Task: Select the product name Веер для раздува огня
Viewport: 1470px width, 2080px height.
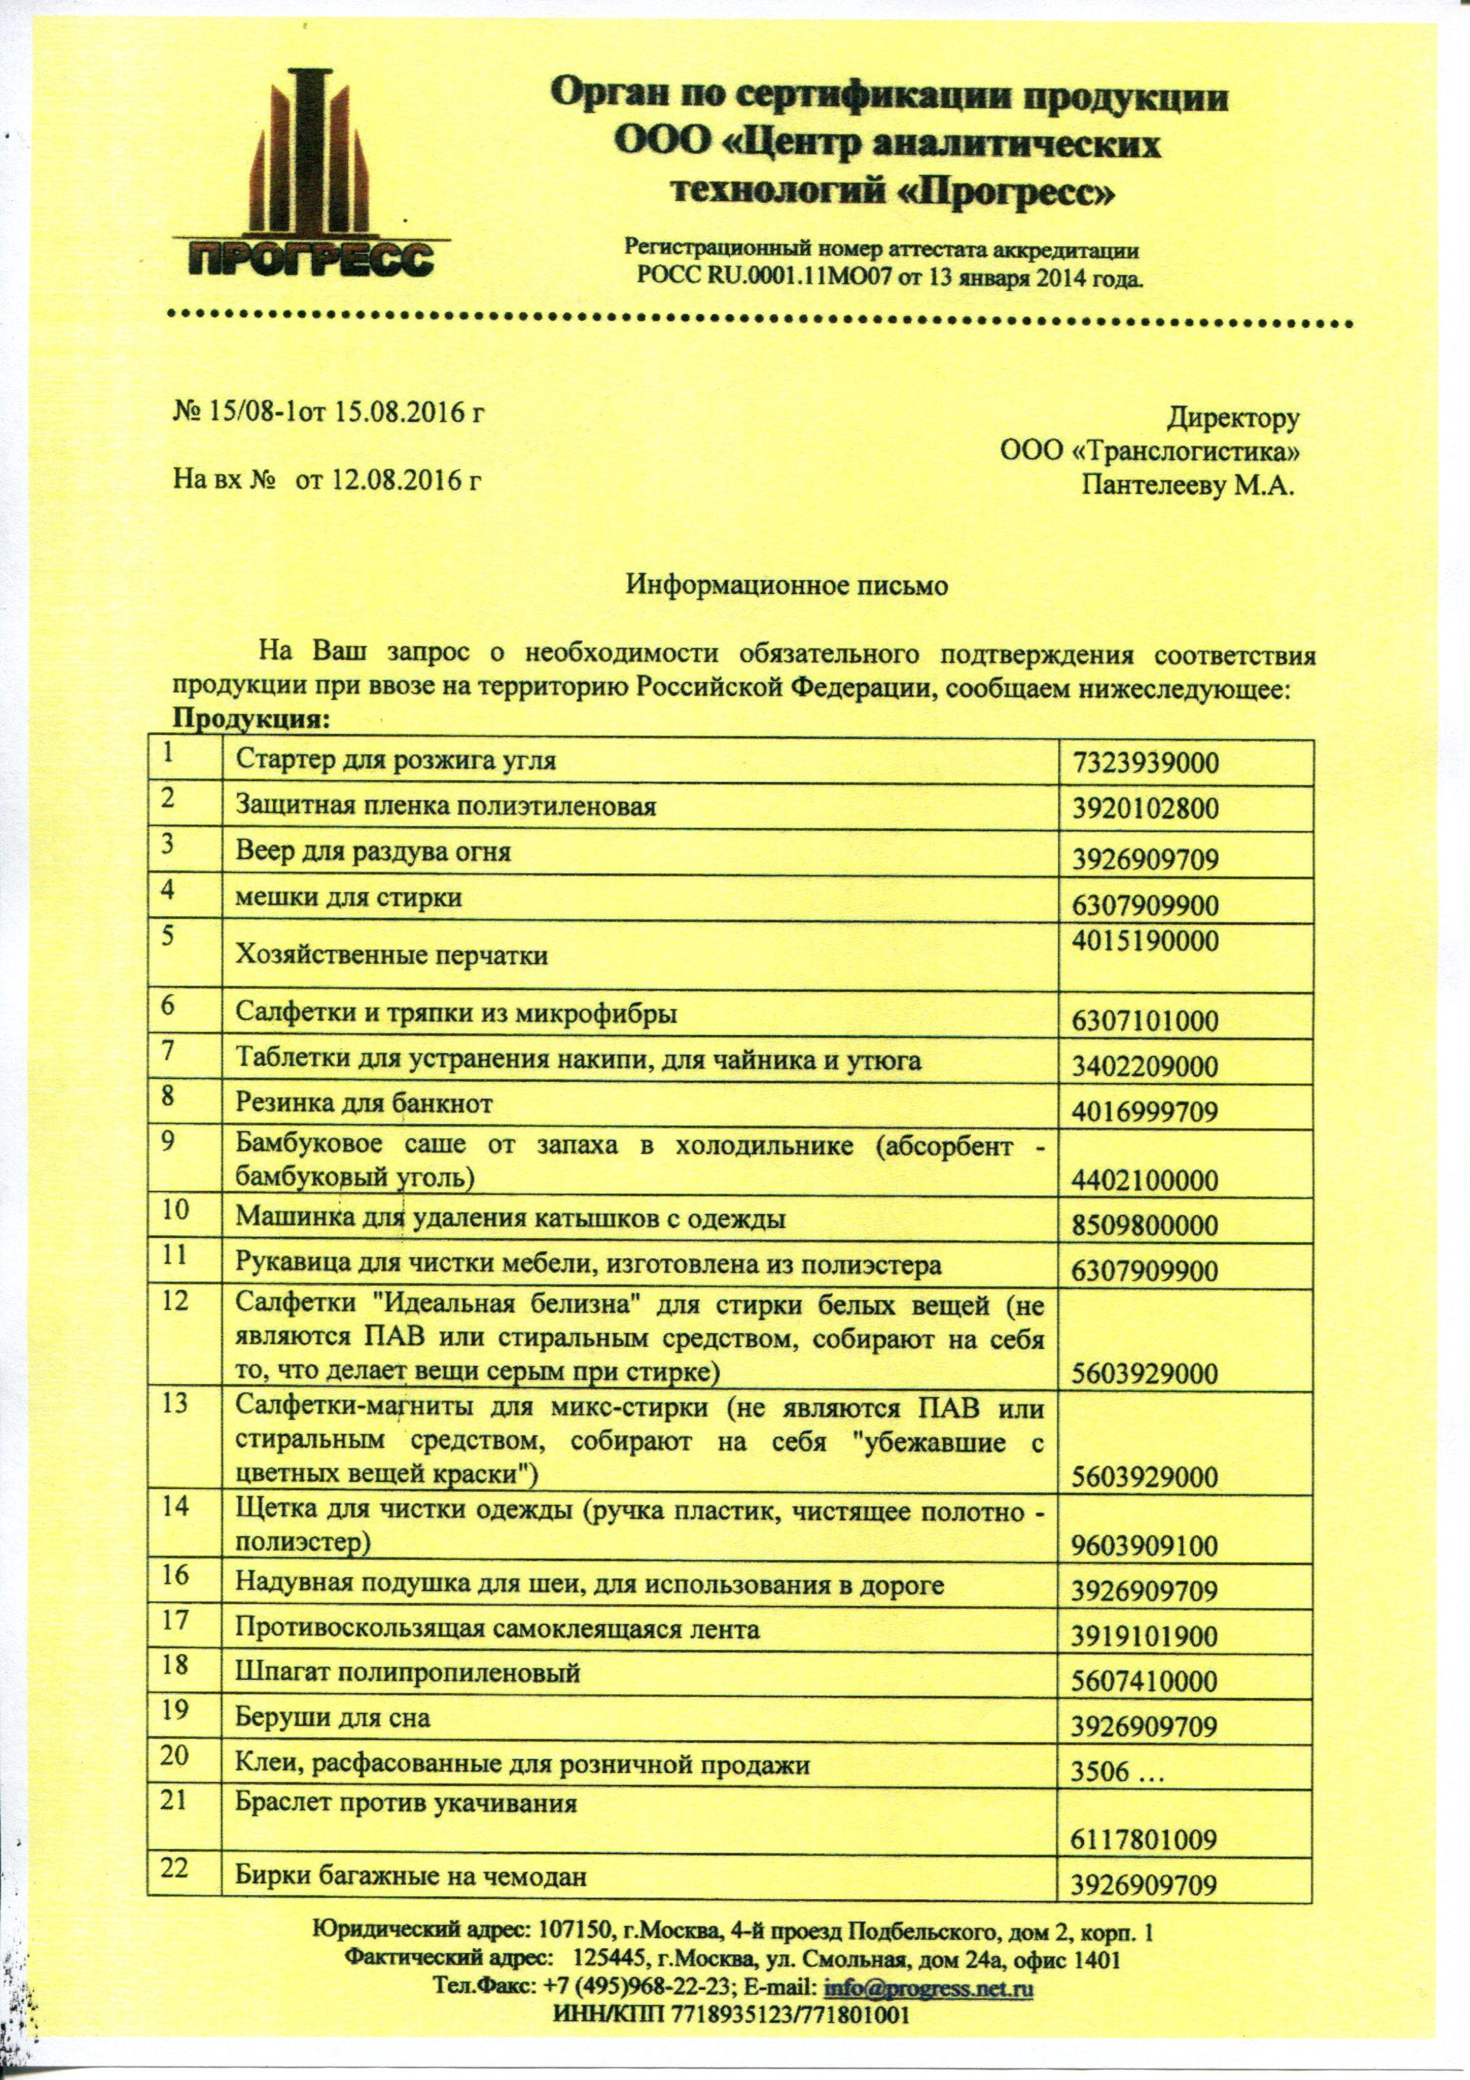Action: point(373,852)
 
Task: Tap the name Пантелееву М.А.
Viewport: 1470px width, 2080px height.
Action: point(1189,487)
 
